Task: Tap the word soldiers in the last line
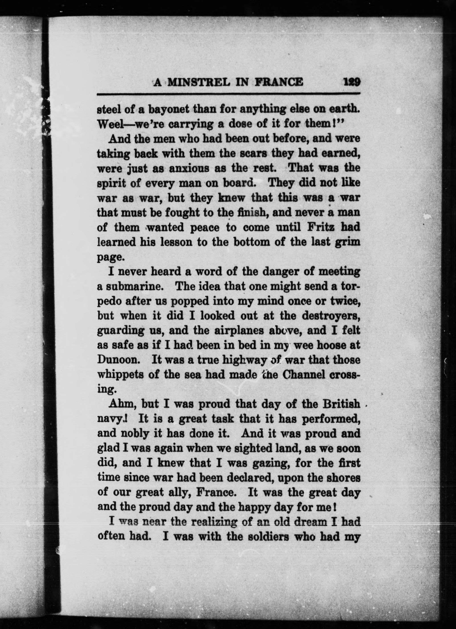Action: (257, 537)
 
